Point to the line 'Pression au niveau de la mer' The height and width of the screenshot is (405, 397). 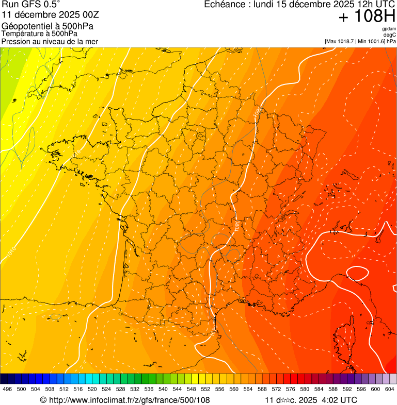[50, 41]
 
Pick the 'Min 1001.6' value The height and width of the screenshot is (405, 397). [372, 41]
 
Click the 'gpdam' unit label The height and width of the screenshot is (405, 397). [389, 29]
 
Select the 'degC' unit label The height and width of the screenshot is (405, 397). [390, 35]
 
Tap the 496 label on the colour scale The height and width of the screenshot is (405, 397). [7, 389]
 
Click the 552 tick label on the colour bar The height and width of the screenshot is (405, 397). [205, 389]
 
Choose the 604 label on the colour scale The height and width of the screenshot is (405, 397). [390, 389]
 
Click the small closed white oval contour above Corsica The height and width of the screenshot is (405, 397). [357, 272]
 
